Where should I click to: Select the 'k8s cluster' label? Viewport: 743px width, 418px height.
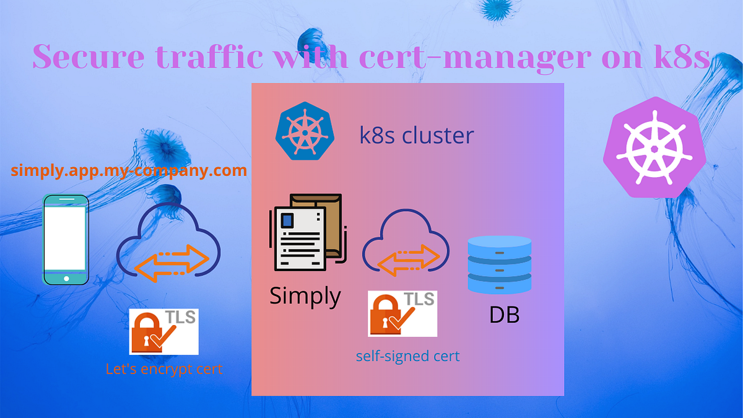click(x=416, y=135)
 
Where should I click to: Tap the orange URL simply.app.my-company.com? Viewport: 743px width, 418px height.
click(x=129, y=170)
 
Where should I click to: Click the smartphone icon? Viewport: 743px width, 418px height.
click(x=64, y=239)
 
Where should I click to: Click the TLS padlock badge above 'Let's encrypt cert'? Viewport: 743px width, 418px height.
click(x=163, y=331)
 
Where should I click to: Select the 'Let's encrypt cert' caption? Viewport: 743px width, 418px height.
click(x=163, y=370)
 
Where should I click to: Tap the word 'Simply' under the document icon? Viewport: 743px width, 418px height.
click(x=305, y=296)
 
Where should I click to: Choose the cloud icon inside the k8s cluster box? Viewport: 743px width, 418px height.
click(x=406, y=243)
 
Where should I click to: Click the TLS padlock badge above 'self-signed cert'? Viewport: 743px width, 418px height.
click(x=402, y=313)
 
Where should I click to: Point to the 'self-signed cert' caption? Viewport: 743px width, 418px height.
click(x=407, y=357)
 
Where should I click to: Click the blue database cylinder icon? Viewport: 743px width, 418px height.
click(x=500, y=264)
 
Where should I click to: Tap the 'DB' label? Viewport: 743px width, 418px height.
click(x=504, y=315)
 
